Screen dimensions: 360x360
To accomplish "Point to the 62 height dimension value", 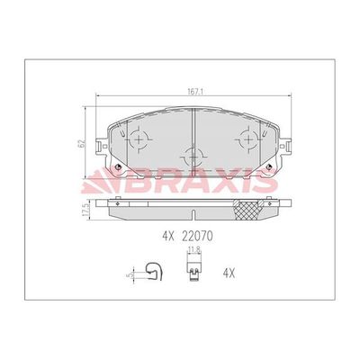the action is click(81, 143).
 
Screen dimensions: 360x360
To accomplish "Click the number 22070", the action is click(197, 237).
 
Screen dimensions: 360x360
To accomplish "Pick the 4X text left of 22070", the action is click(168, 237).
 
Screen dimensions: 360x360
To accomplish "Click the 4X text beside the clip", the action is click(229, 273).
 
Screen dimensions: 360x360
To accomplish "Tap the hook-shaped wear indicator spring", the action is click(154, 272).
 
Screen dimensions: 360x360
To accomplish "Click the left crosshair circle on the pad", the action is click(139, 139).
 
